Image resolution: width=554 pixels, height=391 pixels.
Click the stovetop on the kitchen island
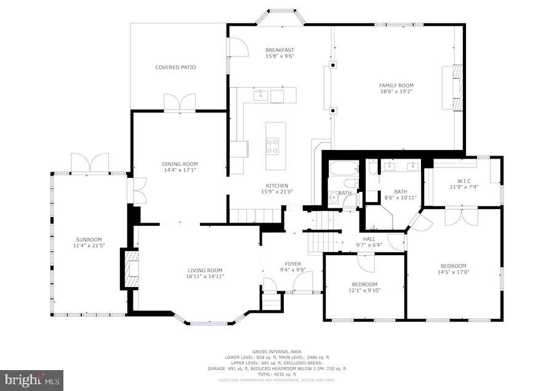click(272, 146)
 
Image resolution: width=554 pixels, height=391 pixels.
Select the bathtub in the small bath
click(344, 168)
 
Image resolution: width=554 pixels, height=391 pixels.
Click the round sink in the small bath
click(333, 197)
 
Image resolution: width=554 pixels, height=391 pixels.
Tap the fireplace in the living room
click(131, 269)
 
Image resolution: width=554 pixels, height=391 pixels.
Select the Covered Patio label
click(175, 67)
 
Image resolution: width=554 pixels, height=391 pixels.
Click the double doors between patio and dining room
click(180, 103)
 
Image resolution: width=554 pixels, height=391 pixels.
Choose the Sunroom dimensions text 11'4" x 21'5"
click(89, 246)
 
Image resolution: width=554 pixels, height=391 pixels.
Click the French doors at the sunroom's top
click(90, 163)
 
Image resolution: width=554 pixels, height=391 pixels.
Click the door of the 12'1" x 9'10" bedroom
click(365, 263)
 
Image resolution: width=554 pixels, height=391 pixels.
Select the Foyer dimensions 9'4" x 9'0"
click(292, 270)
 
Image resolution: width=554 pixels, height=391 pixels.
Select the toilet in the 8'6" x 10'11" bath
click(374, 168)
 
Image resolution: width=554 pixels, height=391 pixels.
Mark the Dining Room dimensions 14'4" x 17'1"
click(180, 170)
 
